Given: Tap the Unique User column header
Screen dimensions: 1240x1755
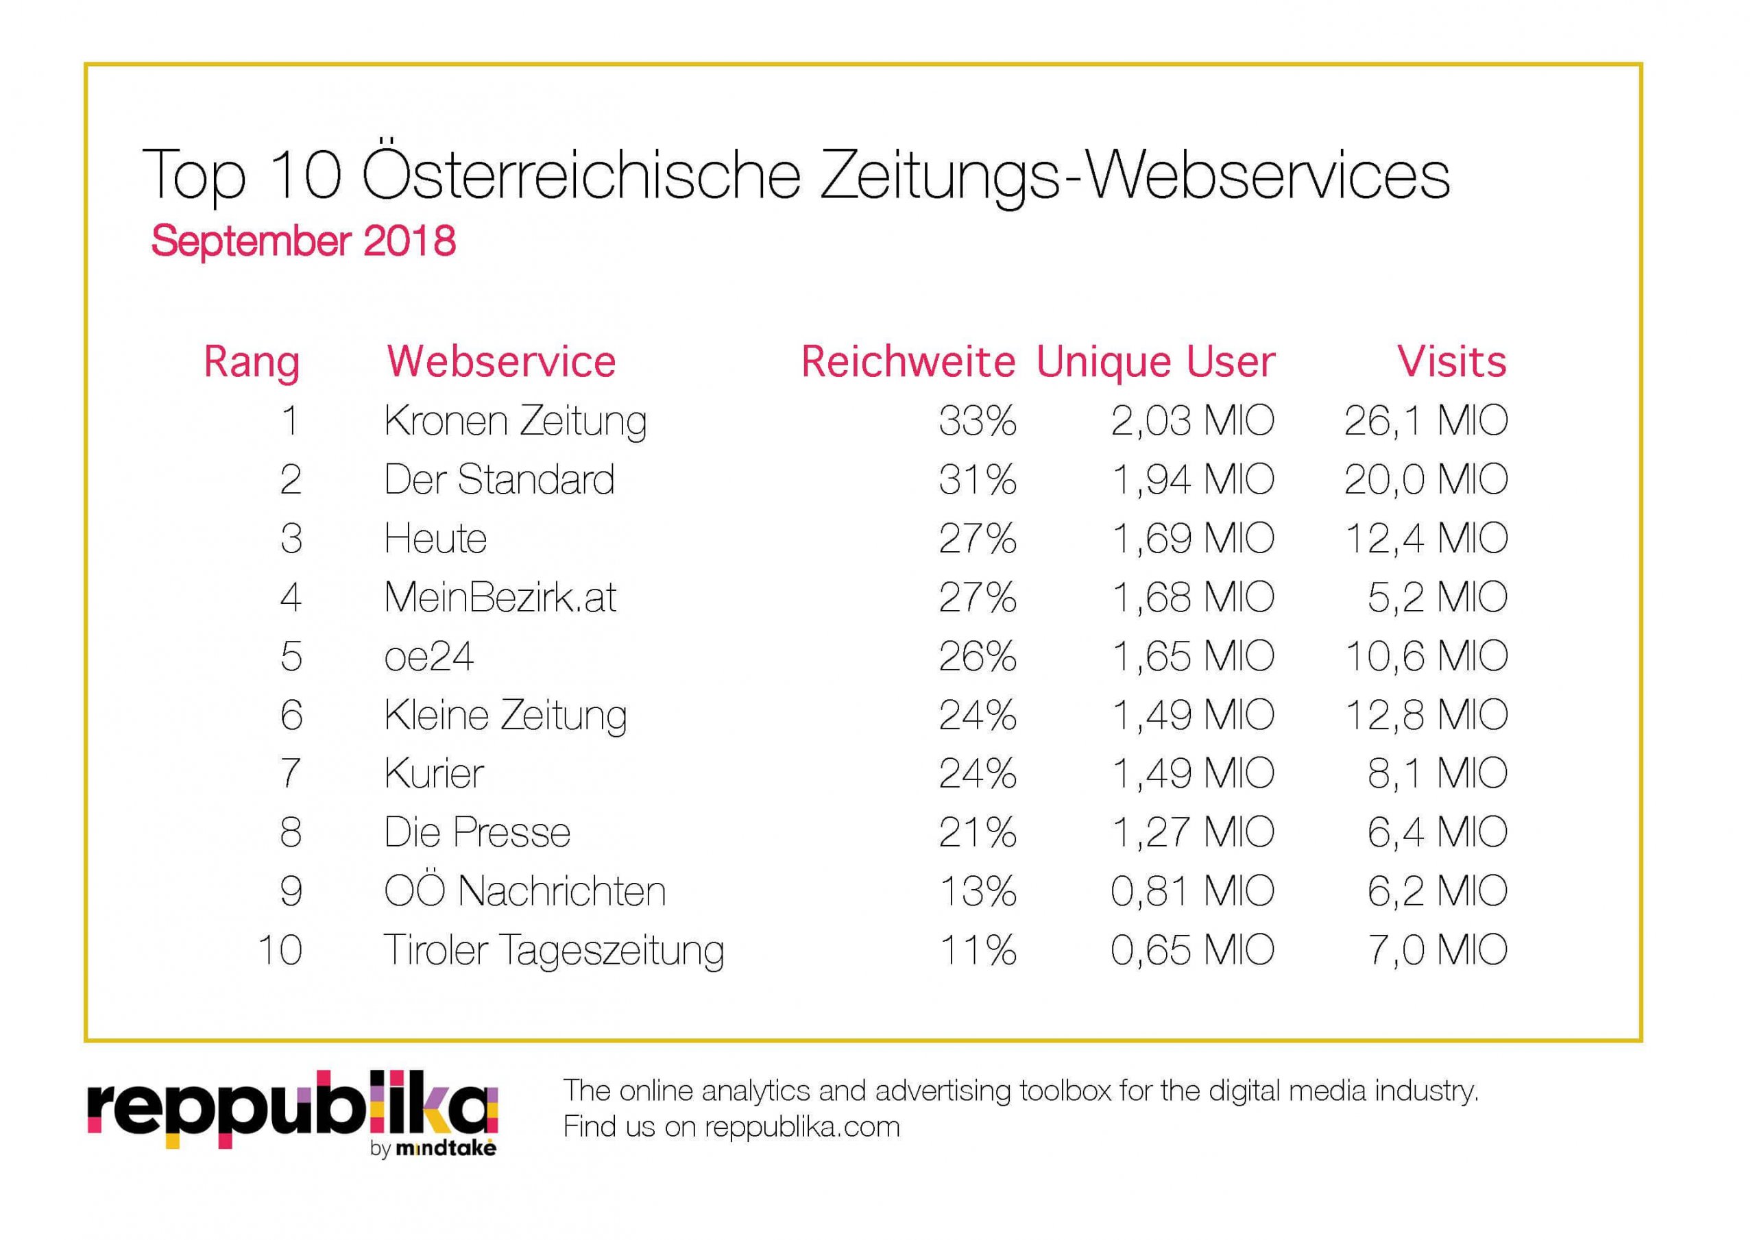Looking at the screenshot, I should (x=1155, y=362).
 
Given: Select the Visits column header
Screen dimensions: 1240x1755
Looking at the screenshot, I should (x=1451, y=362).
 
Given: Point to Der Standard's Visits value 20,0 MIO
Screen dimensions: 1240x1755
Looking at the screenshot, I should (x=1425, y=480).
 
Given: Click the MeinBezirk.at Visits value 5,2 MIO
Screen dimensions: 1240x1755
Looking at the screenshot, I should (x=1437, y=597).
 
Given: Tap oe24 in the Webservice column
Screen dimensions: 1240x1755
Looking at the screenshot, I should (x=429, y=657).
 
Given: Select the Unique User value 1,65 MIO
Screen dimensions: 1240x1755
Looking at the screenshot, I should (x=1192, y=657).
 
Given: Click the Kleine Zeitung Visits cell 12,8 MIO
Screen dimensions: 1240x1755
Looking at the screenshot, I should (x=1425, y=716).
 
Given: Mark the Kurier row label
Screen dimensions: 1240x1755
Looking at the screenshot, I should (x=434, y=774).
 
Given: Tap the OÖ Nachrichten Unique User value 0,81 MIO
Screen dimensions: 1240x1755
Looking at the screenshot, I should (x=1192, y=891).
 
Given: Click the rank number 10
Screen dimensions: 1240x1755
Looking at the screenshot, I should (x=280, y=950).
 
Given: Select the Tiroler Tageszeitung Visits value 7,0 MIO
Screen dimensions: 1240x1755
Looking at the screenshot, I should (x=1437, y=950).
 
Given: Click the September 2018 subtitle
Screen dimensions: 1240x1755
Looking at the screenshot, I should (x=304, y=241).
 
